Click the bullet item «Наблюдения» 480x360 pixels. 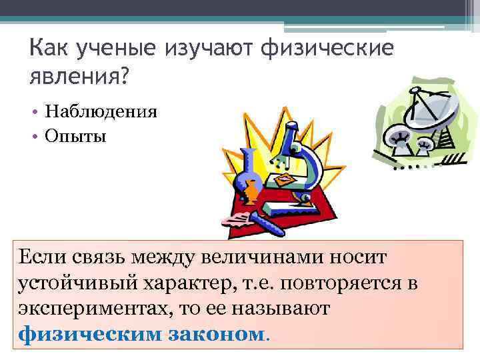tap(101, 111)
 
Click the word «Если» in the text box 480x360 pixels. tap(43, 255)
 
